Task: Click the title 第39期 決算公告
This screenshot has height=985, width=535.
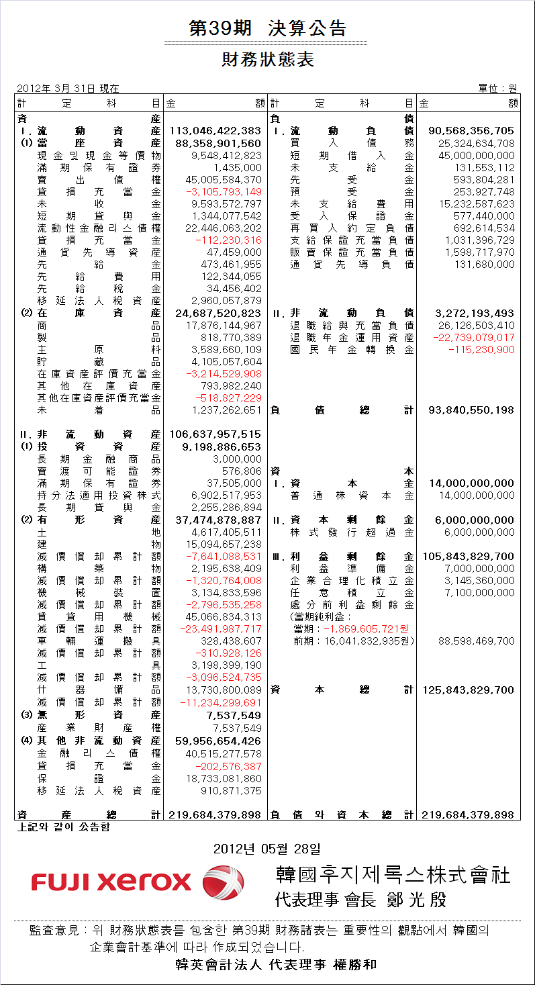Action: click(x=268, y=28)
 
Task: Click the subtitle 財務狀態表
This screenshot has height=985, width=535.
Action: click(x=268, y=60)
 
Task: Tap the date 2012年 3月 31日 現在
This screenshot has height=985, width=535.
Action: click(x=68, y=88)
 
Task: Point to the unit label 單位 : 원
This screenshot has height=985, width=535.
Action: click(x=497, y=88)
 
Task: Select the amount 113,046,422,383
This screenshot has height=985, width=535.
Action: click(x=215, y=131)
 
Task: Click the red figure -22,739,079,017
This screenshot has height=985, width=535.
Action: click(x=474, y=337)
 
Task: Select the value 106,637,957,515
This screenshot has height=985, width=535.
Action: click(x=215, y=434)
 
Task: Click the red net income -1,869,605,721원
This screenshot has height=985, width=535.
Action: click(x=366, y=628)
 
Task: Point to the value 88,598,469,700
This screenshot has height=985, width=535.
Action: click(x=476, y=641)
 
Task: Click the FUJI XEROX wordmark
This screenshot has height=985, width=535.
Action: click(x=111, y=881)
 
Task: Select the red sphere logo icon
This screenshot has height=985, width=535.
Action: click(x=224, y=881)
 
